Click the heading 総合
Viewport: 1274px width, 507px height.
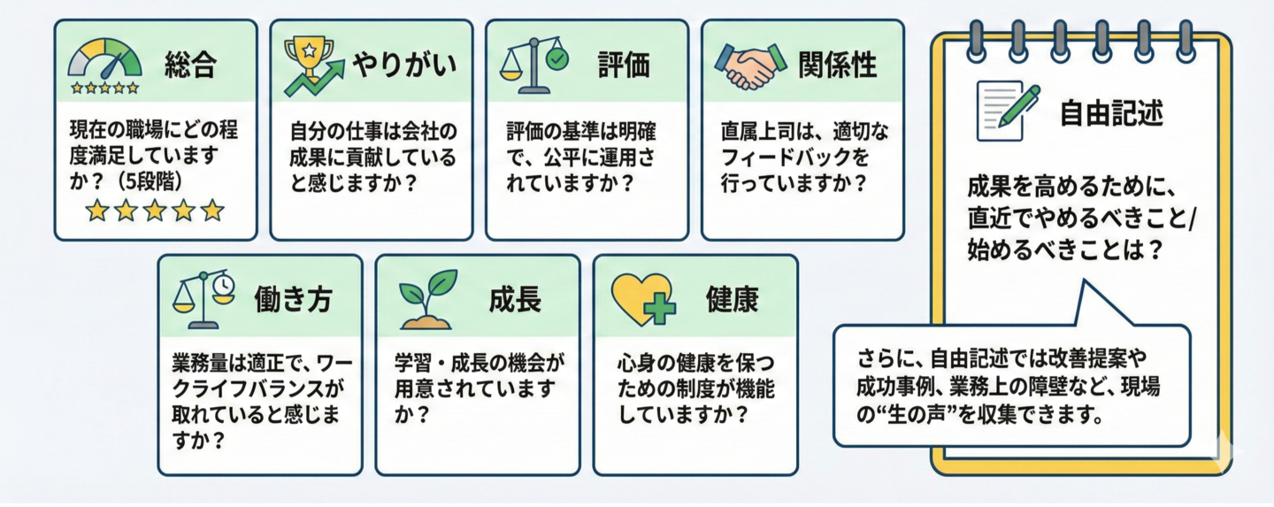tap(190, 65)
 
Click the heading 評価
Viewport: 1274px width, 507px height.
tap(623, 65)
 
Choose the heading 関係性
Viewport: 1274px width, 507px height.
tap(837, 65)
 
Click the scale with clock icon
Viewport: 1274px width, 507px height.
tap(204, 299)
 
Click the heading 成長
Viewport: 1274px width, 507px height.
tap(514, 299)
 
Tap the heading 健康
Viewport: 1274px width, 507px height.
tap(732, 299)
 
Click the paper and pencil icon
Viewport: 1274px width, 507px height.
tap(1008, 110)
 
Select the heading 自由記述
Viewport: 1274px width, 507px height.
tap(1111, 113)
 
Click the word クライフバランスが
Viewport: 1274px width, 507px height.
tap(257, 389)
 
